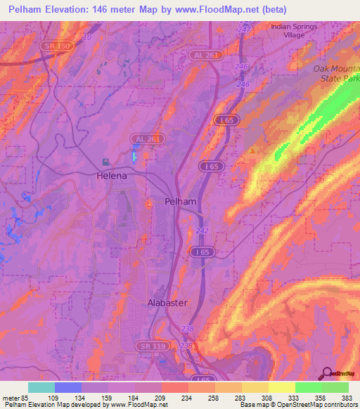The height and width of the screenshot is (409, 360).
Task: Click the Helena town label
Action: pyautogui.click(x=112, y=176)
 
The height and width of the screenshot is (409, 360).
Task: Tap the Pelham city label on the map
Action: pyautogui.click(x=181, y=201)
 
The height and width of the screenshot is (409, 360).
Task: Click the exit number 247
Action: pyautogui.click(x=243, y=29)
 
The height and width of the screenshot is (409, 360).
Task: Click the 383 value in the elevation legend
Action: pyautogui.click(x=347, y=397)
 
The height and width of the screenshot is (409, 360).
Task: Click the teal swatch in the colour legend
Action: pyautogui.click(x=41, y=387)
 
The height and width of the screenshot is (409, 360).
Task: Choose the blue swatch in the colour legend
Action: pyautogui.click(x=68, y=387)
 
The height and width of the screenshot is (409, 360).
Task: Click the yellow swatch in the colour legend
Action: pyautogui.click(x=282, y=387)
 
